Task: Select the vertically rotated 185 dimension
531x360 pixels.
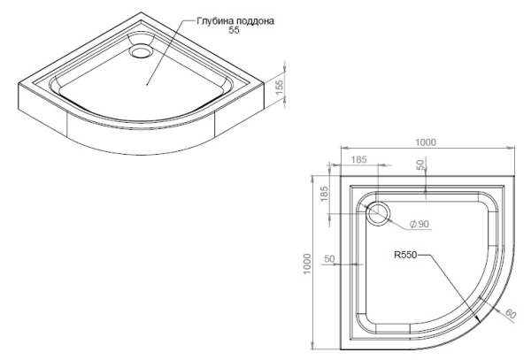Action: pos(324,194)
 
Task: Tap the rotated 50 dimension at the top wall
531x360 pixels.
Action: pos(420,166)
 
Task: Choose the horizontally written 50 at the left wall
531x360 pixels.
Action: pos(329,260)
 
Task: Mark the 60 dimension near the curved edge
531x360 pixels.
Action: pos(511,314)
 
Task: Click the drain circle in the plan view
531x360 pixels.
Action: pos(380,212)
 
